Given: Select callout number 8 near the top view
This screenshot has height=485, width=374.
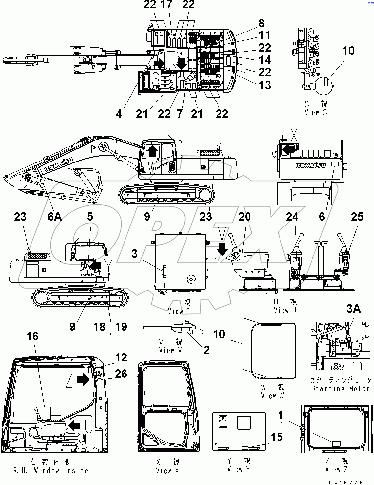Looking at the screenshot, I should (261, 23).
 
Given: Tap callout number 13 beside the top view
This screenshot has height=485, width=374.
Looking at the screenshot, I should (265, 85).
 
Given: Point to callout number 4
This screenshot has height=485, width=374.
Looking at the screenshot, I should (119, 114).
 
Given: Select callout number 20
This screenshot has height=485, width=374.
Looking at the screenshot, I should (245, 217).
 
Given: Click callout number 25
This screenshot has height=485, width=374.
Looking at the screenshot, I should (357, 217).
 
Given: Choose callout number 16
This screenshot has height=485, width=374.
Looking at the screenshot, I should (32, 336).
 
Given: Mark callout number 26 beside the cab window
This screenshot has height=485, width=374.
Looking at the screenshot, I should (121, 374).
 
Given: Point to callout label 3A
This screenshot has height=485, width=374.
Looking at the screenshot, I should (353, 309).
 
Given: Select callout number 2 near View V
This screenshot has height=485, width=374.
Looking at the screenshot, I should (206, 350).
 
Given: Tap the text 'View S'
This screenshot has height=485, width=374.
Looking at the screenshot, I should (319, 112).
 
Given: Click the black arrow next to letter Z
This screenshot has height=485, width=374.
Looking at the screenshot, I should (84, 379).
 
